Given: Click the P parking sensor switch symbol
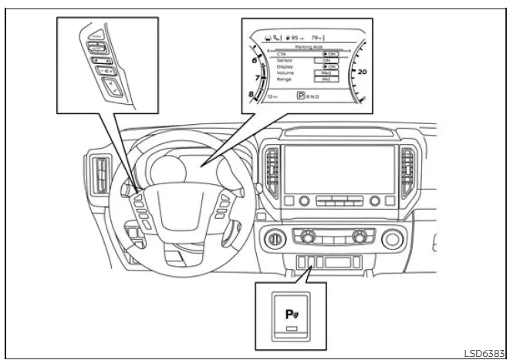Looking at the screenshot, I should click(x=289, y=315).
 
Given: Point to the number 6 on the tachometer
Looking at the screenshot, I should click(x=253, y=59).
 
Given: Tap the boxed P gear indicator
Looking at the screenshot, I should click(x=301, y=97).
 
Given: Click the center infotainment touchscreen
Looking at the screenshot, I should click(x=337, y=166).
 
